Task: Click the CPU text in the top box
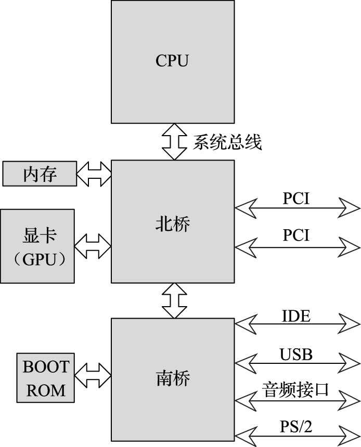tap(172, 61)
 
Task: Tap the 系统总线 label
tap(227, 142)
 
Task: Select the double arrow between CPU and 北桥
tap(174, 141)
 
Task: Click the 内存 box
tap(39, 174)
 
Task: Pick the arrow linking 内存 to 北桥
tap(94, 174)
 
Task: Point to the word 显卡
tap(40, 235)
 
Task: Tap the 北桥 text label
tap(173, 223)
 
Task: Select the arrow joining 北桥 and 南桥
tap(174, 300)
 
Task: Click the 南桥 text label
tap(173, 378)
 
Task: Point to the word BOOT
tap(46, 367)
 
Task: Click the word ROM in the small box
tap(46, 390)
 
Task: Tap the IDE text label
tap(296, 315)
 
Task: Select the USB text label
tap(296, 354)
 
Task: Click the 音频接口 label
tap(296, 390)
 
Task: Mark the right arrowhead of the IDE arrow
tap(351, 324)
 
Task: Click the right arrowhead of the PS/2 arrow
tap(351, 435)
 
